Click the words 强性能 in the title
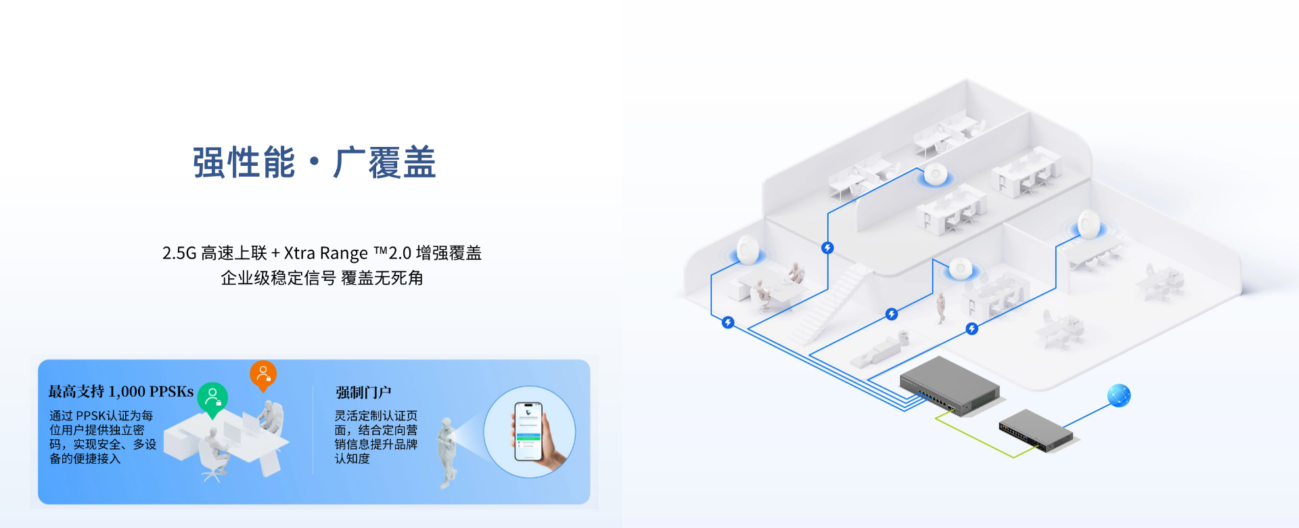coord(244,163)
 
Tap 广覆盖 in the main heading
coord(384,163)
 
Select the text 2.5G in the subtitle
coord(179,253)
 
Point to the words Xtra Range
coord(326,253)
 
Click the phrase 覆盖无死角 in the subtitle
coord(382,278)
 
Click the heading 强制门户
coord(363,393)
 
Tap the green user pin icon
coord(212,399)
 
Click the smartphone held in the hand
coord(528,431)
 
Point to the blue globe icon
coord(1119,395)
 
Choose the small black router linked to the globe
coord(1036,431)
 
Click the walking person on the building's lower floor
coord(940,308)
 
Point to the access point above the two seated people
coord(748,250)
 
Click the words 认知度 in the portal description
coord(352,459)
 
